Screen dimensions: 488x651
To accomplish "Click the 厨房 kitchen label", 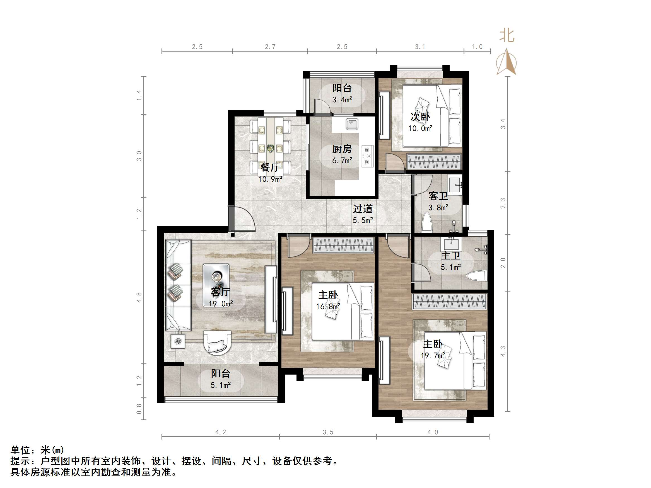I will coord(342,149).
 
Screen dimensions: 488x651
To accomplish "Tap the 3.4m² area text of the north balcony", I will coord(342,100).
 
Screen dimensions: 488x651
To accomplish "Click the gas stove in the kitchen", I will coord(368,156).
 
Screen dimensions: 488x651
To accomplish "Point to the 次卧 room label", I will coord(420,117).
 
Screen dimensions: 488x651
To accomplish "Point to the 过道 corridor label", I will coord(363,209).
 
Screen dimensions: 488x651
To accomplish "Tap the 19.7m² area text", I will coord(432,356).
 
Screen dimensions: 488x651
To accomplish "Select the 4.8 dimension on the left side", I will coord(139,297).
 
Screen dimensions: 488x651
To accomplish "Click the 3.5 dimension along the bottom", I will coord(328,432).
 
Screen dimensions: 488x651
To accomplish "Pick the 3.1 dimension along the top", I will coord(420,47).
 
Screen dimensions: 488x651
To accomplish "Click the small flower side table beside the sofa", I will coord(178,341).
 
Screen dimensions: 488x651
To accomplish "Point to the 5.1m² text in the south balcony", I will coord(220,385).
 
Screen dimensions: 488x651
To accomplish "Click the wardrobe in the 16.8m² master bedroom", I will coord(343,245).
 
